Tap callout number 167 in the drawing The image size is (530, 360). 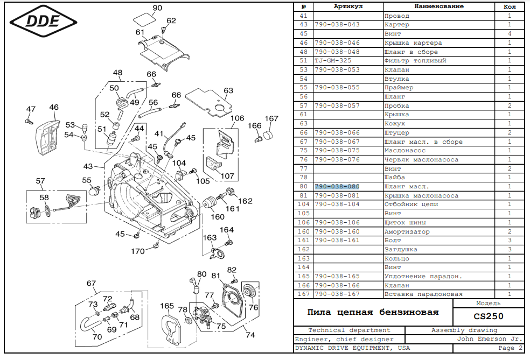coord(271,118)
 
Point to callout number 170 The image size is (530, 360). coord(138,251)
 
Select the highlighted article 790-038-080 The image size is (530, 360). coord(337,186)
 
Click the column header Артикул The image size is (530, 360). coord(348,6)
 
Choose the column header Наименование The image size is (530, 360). coord(438,6)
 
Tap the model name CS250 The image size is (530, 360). coord(489,316)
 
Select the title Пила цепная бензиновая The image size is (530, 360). coord(373,312)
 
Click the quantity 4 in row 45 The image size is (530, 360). coord(509,34)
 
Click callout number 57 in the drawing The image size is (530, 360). coord(40,181)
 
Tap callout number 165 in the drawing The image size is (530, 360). coord(167,306)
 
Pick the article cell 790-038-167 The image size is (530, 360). coord(337,294)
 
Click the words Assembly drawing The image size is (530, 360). coord(464,330)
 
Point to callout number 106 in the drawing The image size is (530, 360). coord(237,118)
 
